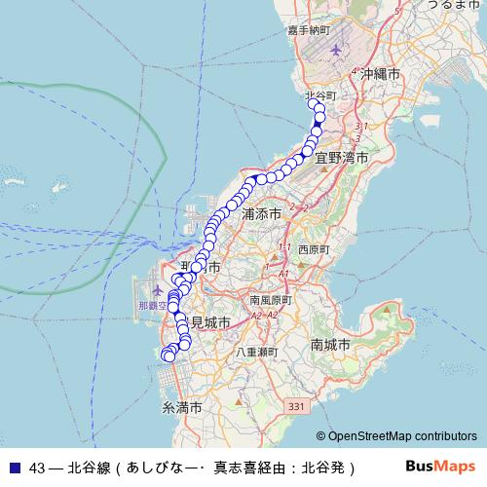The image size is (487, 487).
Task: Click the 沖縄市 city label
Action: [x=381, y=74]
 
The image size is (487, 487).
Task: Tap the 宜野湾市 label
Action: [x=347, y=156]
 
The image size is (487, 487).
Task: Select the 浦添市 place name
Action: [x=261, y=212]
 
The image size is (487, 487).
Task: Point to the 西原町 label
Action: [x=315, y=249]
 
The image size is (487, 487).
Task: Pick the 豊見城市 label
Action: [x=208, y=322]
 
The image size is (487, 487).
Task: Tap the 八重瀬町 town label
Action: [x=256, y=352]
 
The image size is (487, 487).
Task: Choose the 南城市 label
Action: [x=330, y=345]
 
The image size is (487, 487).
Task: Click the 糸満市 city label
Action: [x=181, y=407]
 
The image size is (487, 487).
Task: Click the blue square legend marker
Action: [x=15, y=467]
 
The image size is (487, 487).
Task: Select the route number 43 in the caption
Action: [x=38, y=467]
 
